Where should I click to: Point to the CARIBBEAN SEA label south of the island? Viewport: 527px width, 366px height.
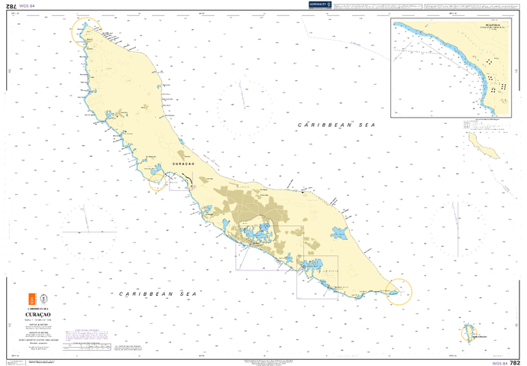158,293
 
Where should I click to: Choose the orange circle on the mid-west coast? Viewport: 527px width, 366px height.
157,180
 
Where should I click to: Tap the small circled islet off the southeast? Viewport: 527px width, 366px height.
467,333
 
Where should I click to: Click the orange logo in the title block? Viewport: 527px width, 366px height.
31,298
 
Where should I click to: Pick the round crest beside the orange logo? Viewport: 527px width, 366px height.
44,298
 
